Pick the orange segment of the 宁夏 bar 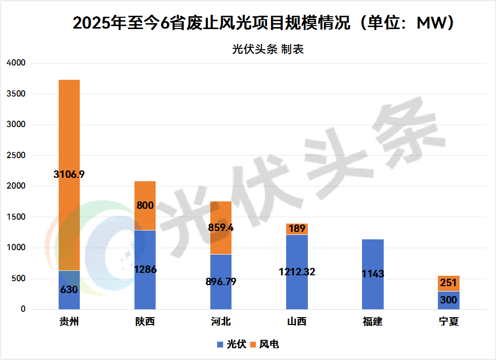click(448, 283)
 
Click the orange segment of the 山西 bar click(297, 229)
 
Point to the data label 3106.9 click(69, 174)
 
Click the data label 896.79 click(221, 282)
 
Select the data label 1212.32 click(297, 271)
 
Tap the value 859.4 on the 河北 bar click(221, 229)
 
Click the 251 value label click(448, 283)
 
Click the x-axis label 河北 click(221, 322)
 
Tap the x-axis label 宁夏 click(448, 322)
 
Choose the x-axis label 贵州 click(69, 322)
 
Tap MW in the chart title click(428, 23)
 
